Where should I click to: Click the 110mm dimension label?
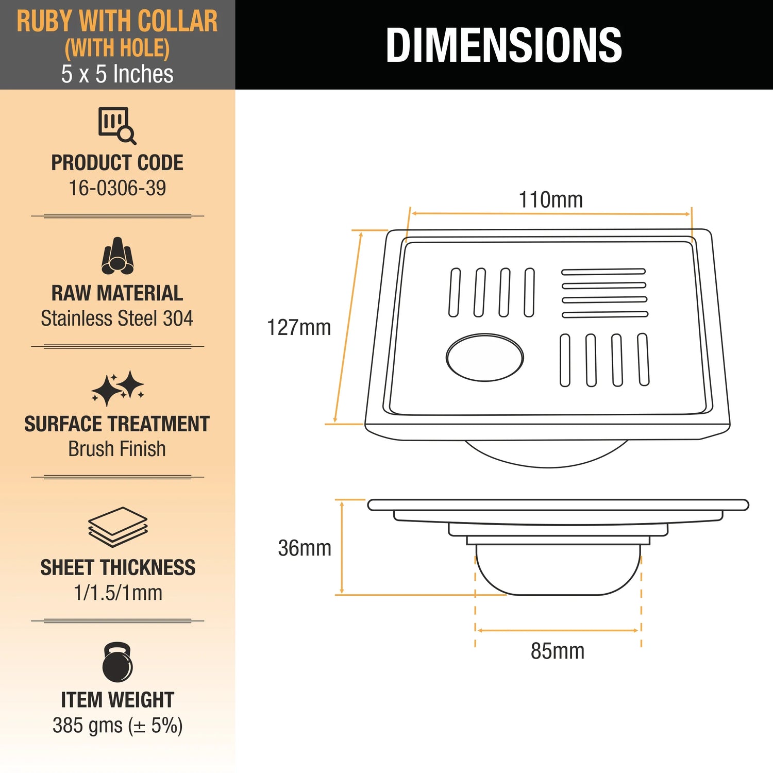(550, 200)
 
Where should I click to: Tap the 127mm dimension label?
(299, 328)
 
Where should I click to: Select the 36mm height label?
(305, 548)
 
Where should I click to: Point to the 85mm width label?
(558, 651)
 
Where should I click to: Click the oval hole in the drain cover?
(485, 358)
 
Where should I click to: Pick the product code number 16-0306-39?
(117, 188)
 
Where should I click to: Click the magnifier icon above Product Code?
(117, 126)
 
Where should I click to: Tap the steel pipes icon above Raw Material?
(117, 256)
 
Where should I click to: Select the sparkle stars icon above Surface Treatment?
(117, 389)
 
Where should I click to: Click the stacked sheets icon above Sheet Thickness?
(117, 527)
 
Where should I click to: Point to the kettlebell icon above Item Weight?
(117, 662)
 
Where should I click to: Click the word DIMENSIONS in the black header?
(504, 45)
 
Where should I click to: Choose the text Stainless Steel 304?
(117, 318)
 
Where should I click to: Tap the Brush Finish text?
(117, 449)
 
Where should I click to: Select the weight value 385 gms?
(88, 726)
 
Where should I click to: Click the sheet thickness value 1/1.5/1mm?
(118, 593)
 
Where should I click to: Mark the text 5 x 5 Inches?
(117, 74)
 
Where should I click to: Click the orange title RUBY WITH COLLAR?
(117, 22)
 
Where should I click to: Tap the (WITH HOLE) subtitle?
(117, 48)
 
